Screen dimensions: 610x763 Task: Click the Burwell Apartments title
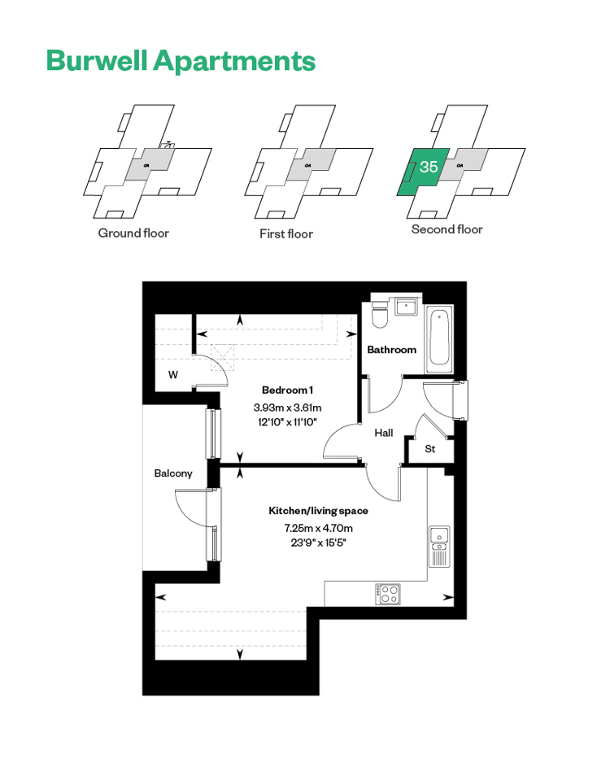click(x=181, y=61)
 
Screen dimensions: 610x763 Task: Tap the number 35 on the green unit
click(x=429, y=167)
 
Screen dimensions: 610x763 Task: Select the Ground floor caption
click(x=133, y=233)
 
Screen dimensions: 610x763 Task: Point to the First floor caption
click(x=286, y=234)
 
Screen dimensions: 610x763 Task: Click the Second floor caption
click(x=447, y=229)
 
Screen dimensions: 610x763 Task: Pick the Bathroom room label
click(x=391, y=350)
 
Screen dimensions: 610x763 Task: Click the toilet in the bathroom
click(x=379, y=314)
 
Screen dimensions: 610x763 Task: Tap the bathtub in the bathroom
click(x=439, y=338)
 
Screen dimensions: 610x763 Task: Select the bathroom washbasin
click(x=406, y=307)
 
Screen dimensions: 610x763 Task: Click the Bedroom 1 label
click(x=287, y=390)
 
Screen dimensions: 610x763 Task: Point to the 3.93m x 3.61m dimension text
click(x=287, y=408)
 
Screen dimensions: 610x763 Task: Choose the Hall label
click(x=384, y=433)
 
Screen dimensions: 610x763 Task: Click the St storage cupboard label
click(x=430, y=449)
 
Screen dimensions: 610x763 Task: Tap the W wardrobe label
click(x=173, y=375)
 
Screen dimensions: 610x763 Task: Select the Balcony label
click(x=173, y=473)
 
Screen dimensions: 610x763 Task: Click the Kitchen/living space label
click(x=318, y=511)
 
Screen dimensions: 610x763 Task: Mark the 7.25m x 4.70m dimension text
click(x=319, y=528)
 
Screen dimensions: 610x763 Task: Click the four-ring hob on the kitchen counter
click(x=388, y=594)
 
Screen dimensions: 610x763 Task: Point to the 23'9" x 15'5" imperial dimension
click(x=319, y=543)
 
